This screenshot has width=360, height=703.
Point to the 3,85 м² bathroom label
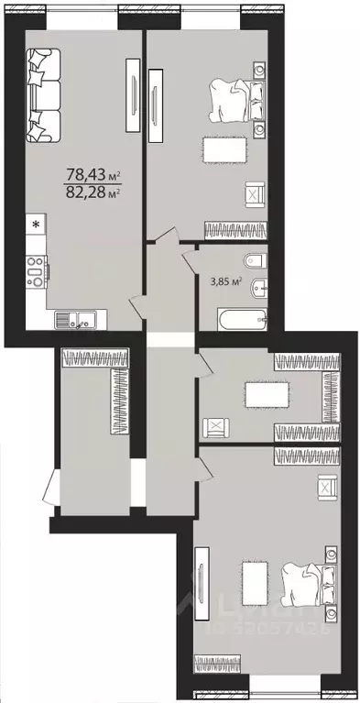point(223,281)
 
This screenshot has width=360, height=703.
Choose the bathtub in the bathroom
point(241,321)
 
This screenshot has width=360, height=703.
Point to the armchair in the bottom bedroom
point(325,487)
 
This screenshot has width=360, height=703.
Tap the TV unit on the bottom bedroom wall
point(202,582)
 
